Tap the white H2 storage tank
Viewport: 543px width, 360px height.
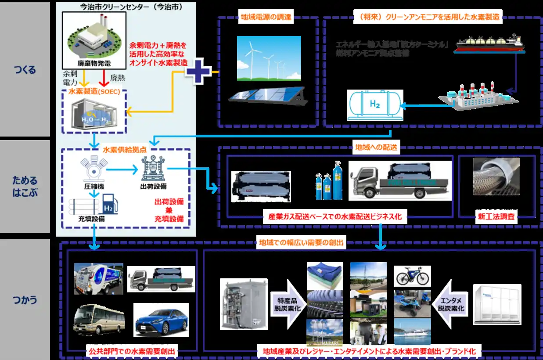(374, 105)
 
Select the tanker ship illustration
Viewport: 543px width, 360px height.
(490, 43)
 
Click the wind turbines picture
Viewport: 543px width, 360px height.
(269, 59)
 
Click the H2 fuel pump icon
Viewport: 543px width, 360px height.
(110, 205)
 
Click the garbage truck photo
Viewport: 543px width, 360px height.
(98, 278)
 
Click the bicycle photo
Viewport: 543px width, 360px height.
(412, 276)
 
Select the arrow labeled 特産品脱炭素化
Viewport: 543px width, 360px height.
(286, 302)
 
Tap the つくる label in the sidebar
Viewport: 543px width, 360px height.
(25, 69)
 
